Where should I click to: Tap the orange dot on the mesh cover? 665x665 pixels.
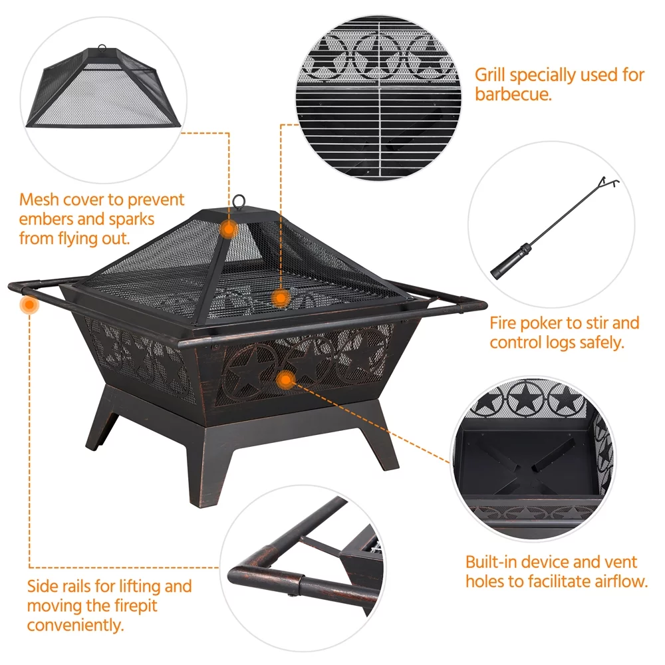click(x=229, y=229)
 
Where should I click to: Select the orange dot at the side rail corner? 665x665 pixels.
click(x=29, y=305)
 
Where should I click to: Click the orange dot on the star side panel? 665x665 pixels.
click(x=286, y=379)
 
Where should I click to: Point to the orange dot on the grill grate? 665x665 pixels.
click(x=281, y=298)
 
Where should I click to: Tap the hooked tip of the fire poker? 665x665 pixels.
click(x=609, y=182)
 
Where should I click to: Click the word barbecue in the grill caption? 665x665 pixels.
click(x=513, y=94)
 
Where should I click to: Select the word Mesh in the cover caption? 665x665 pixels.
click(x=40, y=199)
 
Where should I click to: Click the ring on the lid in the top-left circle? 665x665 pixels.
click(x=102, y=48)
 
